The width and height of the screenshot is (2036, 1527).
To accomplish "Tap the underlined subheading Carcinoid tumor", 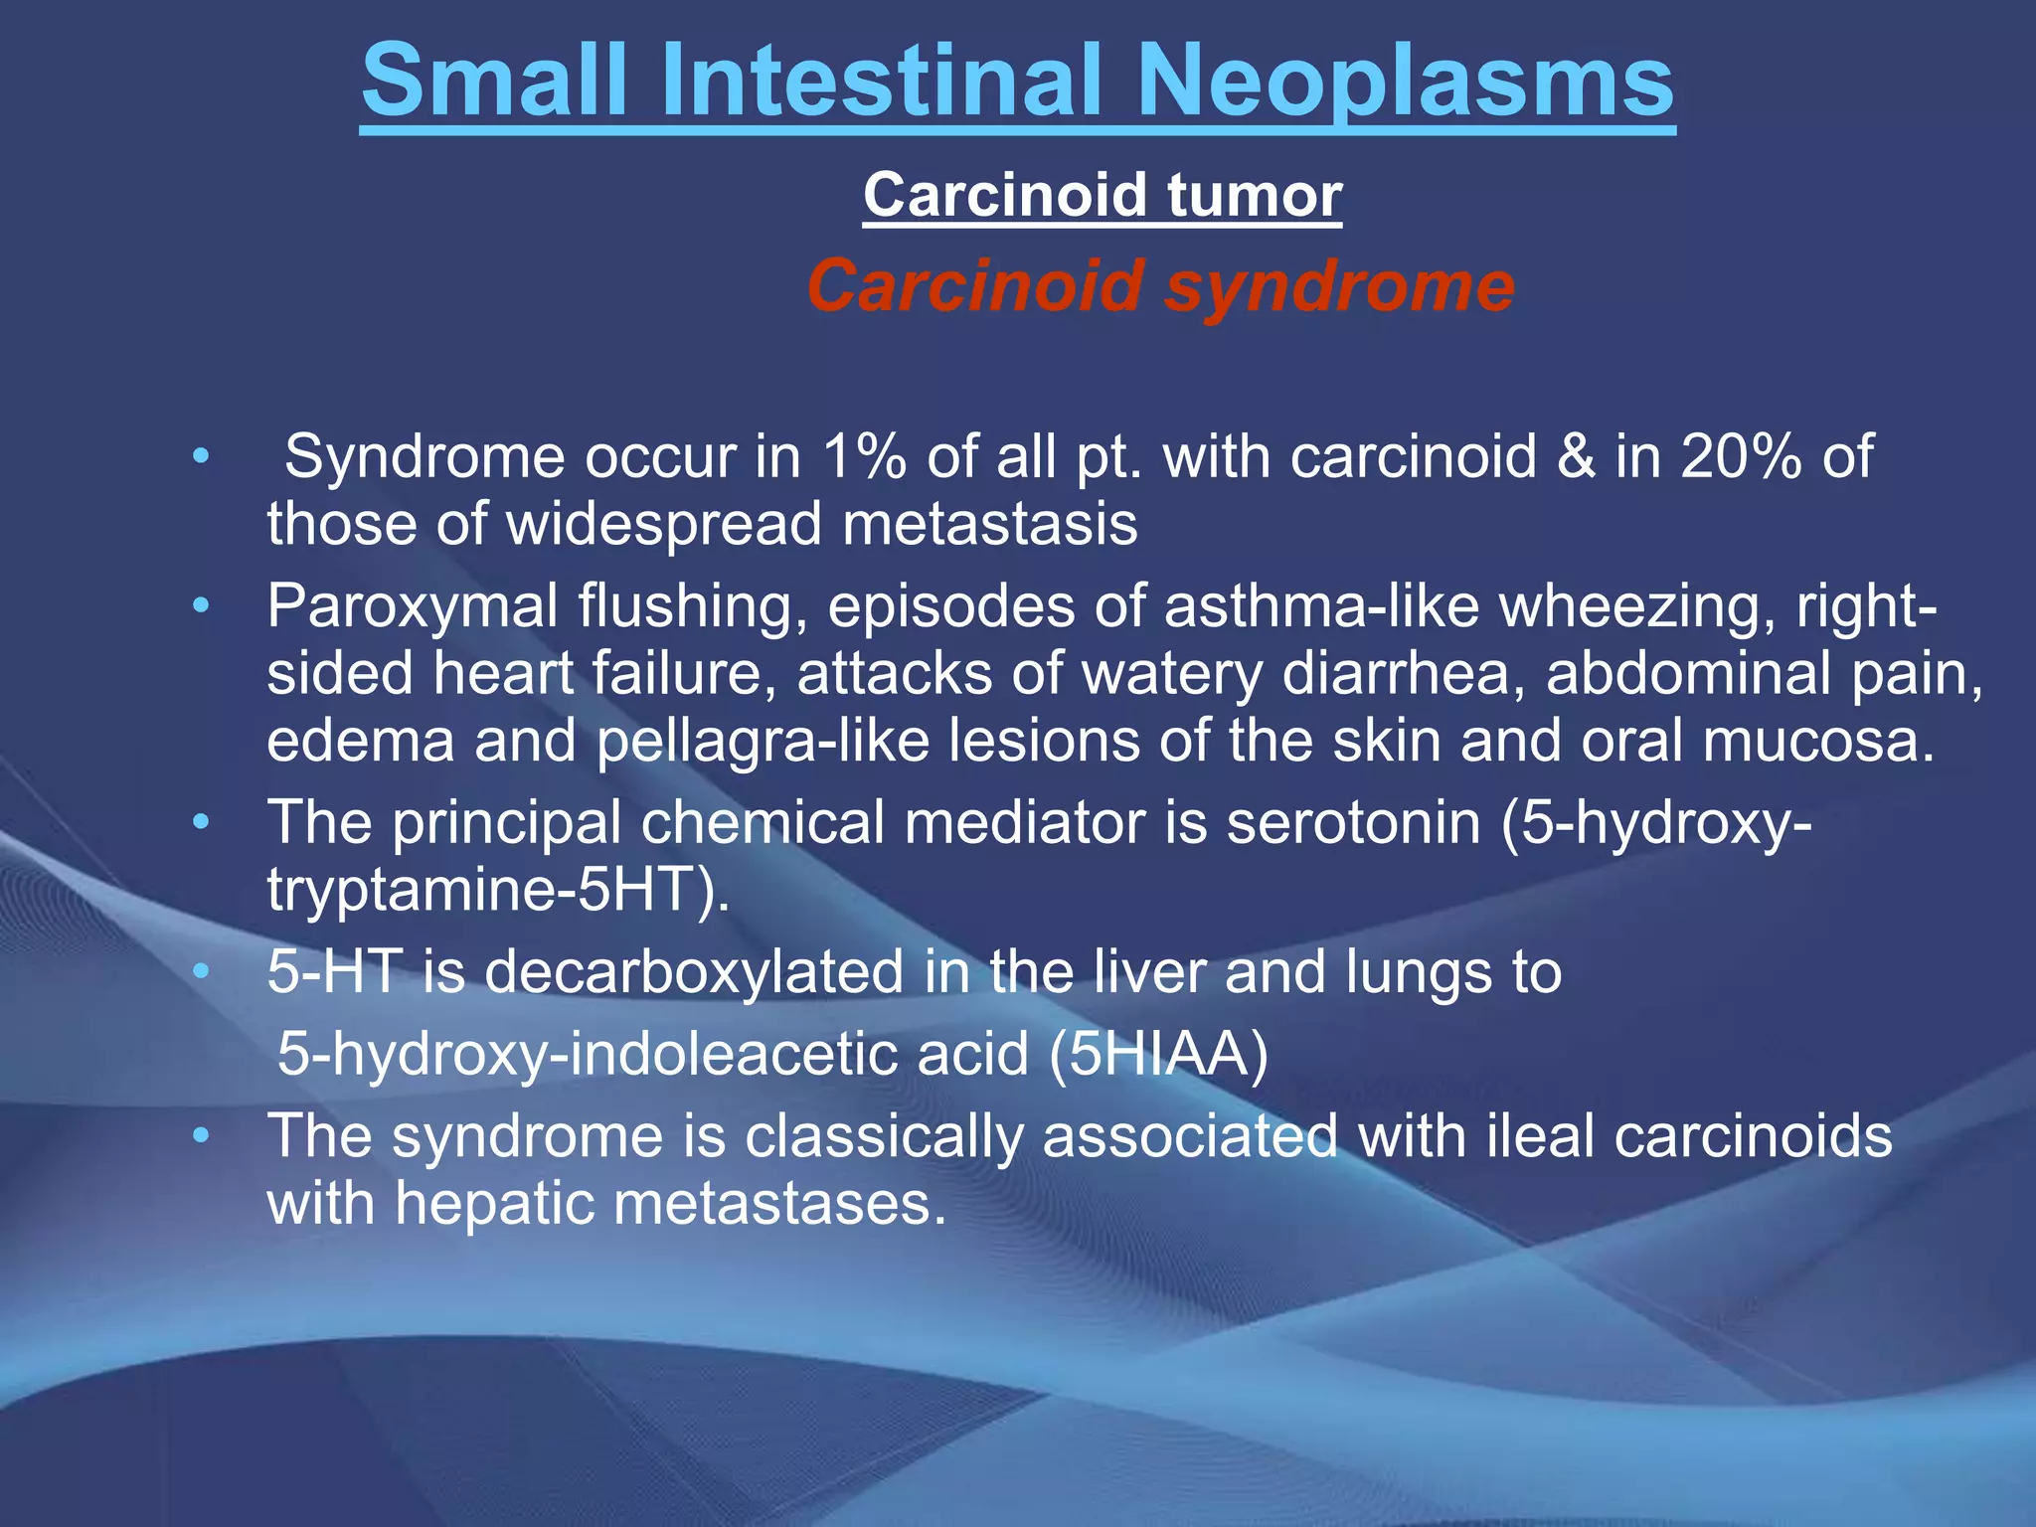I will click(x=1102, y=195).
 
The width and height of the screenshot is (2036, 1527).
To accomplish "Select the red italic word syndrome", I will click(x=1339, y=286).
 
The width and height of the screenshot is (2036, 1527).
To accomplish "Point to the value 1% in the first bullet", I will click(x=864, y=457).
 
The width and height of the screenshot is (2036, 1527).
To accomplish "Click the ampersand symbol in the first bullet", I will click(x=1576, y=457).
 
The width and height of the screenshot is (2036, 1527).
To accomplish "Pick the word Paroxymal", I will click(x=412, y=606).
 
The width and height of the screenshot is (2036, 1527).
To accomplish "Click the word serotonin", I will click(x=1353, y=823).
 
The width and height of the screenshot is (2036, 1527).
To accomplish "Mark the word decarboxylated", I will click(x=695, y=971).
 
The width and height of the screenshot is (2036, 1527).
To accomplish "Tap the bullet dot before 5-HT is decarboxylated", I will click(x=202, y=971).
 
